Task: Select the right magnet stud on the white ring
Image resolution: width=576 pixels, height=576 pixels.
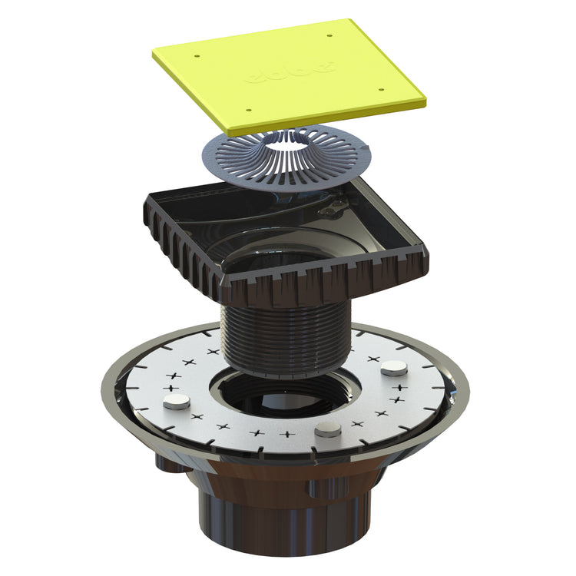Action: [x=395, y=369]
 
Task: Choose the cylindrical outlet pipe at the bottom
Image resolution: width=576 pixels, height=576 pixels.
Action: [x=284, y=522]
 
